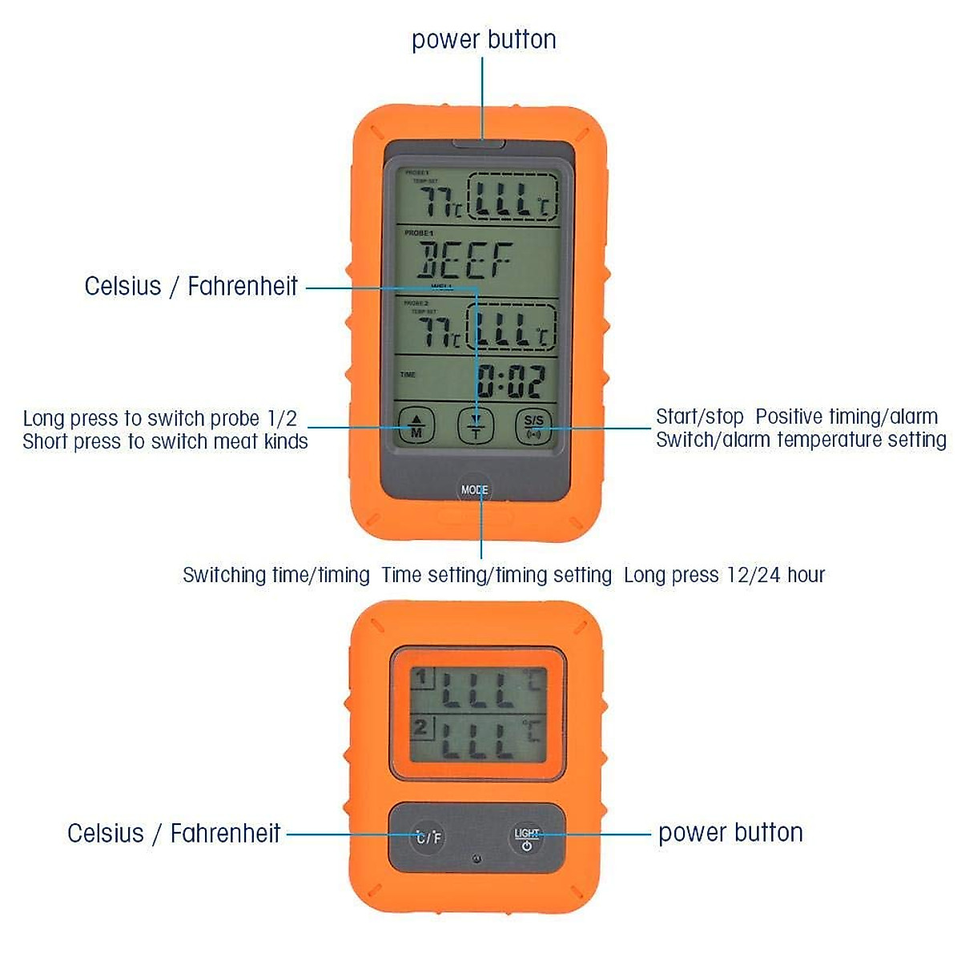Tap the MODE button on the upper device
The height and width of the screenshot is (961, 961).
[474, 489]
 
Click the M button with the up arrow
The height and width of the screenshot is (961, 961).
[416, 425]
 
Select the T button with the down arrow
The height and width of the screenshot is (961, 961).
[476, 425]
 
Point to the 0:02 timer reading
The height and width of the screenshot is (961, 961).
[511, 381]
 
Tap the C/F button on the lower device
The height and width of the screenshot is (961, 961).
[428, 838]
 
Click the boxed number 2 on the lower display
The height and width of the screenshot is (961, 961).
[421, 728]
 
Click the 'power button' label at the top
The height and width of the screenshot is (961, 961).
[484, 39]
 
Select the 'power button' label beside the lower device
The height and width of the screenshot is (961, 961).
[730, 833]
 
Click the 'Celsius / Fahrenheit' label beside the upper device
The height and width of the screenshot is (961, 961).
[191, 286]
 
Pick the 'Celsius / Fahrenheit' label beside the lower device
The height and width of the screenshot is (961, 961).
[174, 833]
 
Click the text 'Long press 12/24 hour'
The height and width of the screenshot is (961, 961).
[724, 575]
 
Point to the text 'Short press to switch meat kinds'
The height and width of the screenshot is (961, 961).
[165, 441]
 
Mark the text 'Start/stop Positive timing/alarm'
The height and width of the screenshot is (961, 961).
[797, 416]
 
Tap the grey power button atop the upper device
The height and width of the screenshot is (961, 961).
[479, 144]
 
